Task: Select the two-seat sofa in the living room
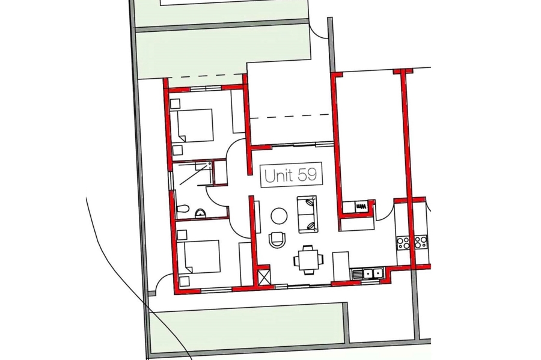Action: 307,214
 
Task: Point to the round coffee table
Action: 279,216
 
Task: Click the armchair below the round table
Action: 277,239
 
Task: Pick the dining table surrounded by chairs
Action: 309,259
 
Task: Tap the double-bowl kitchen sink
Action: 372,274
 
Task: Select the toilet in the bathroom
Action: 182,209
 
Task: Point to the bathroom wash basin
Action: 200,214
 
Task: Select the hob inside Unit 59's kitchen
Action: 402,242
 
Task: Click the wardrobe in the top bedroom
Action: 237,111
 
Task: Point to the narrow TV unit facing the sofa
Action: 257,217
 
